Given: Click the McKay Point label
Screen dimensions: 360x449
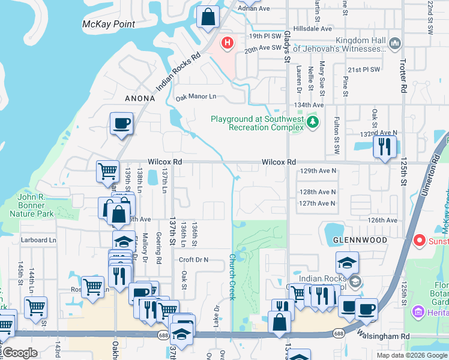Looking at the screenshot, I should coord(109,25).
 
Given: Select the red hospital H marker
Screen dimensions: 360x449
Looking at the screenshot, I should coord(228,43).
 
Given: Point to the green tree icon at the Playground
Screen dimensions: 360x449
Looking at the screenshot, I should coord(312,122).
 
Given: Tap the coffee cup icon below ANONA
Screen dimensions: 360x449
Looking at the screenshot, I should coord(122,124).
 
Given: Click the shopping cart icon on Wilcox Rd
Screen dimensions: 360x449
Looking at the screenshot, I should coord(107,170).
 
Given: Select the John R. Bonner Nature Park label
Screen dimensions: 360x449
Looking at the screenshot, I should coord(36,205).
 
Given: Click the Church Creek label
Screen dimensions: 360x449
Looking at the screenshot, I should coord(232,277).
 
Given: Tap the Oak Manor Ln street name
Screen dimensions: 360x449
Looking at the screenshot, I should coord(195,97).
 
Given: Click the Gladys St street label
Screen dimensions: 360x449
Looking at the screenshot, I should coord(287,45).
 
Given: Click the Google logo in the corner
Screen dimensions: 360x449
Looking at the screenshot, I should coord(19,353).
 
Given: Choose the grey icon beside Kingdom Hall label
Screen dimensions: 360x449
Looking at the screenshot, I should coord(395,43).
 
